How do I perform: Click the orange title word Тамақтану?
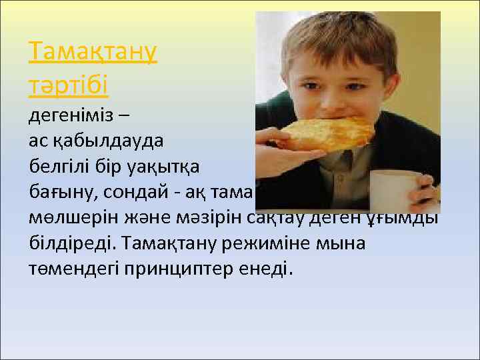(x=93, y=52)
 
